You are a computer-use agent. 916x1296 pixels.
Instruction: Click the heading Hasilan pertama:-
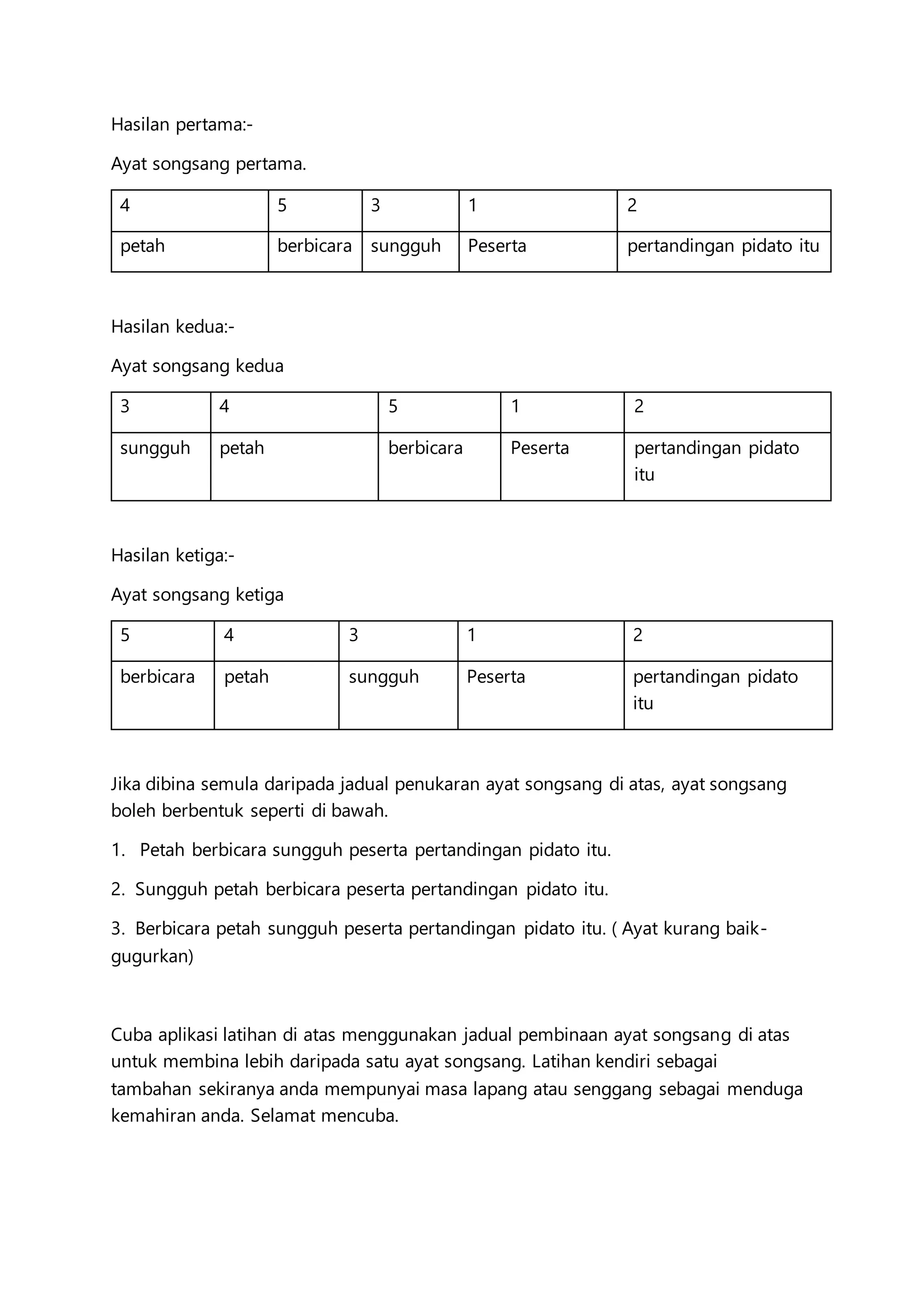coord(182,124)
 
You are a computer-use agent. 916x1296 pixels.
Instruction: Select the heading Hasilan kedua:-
coord(173,326)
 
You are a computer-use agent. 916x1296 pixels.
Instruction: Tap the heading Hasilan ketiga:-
coord(173,555)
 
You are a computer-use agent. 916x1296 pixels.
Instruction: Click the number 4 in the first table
coord(125,205)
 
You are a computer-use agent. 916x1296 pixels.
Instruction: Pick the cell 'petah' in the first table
coord(142,246)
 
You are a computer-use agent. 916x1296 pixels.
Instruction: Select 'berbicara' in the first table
coord(314,246)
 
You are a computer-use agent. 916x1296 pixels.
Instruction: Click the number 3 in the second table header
coord(125,406)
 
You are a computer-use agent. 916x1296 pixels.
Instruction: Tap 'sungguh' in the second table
coord(155,448)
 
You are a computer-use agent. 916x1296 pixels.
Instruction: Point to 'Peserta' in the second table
coord(540,448)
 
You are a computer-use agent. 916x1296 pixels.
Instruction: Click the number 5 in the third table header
coord(125,635)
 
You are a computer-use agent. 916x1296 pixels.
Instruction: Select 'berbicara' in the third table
coord(157,677)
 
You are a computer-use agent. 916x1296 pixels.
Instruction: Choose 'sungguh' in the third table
coord(384,677)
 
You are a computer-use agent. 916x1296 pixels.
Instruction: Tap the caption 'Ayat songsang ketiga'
coord(197,595)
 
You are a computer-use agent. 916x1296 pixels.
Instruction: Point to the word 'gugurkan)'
coord(152,956)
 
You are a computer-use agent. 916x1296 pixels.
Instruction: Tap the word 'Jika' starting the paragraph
coord(126,784)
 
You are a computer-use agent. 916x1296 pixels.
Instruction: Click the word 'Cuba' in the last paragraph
coord(131,1035)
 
